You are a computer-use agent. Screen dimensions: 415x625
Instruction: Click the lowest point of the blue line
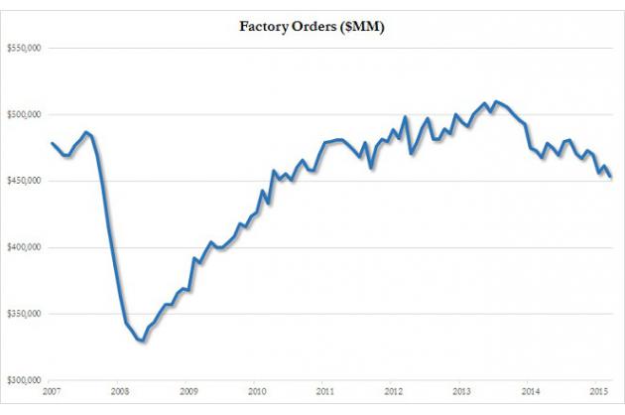(142, 341)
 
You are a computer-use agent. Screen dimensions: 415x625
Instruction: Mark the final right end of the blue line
(611, 177)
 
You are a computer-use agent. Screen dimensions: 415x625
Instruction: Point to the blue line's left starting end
(51, 143)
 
